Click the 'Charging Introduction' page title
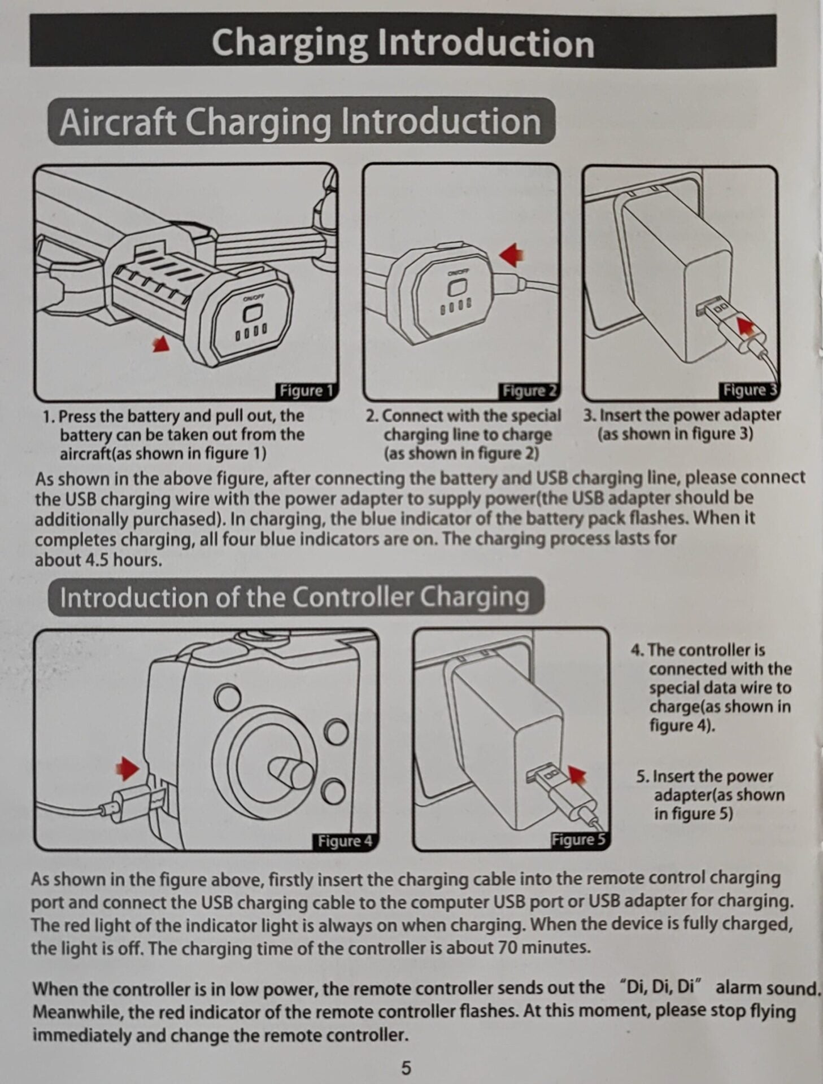403,43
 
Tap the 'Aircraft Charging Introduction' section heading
301,121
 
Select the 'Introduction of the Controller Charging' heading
295,597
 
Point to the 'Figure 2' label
529,391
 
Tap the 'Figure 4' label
345,841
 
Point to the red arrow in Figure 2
512,255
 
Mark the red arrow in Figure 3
747,326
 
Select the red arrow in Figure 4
128,768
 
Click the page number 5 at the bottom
406,1068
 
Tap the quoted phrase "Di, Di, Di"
660,987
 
